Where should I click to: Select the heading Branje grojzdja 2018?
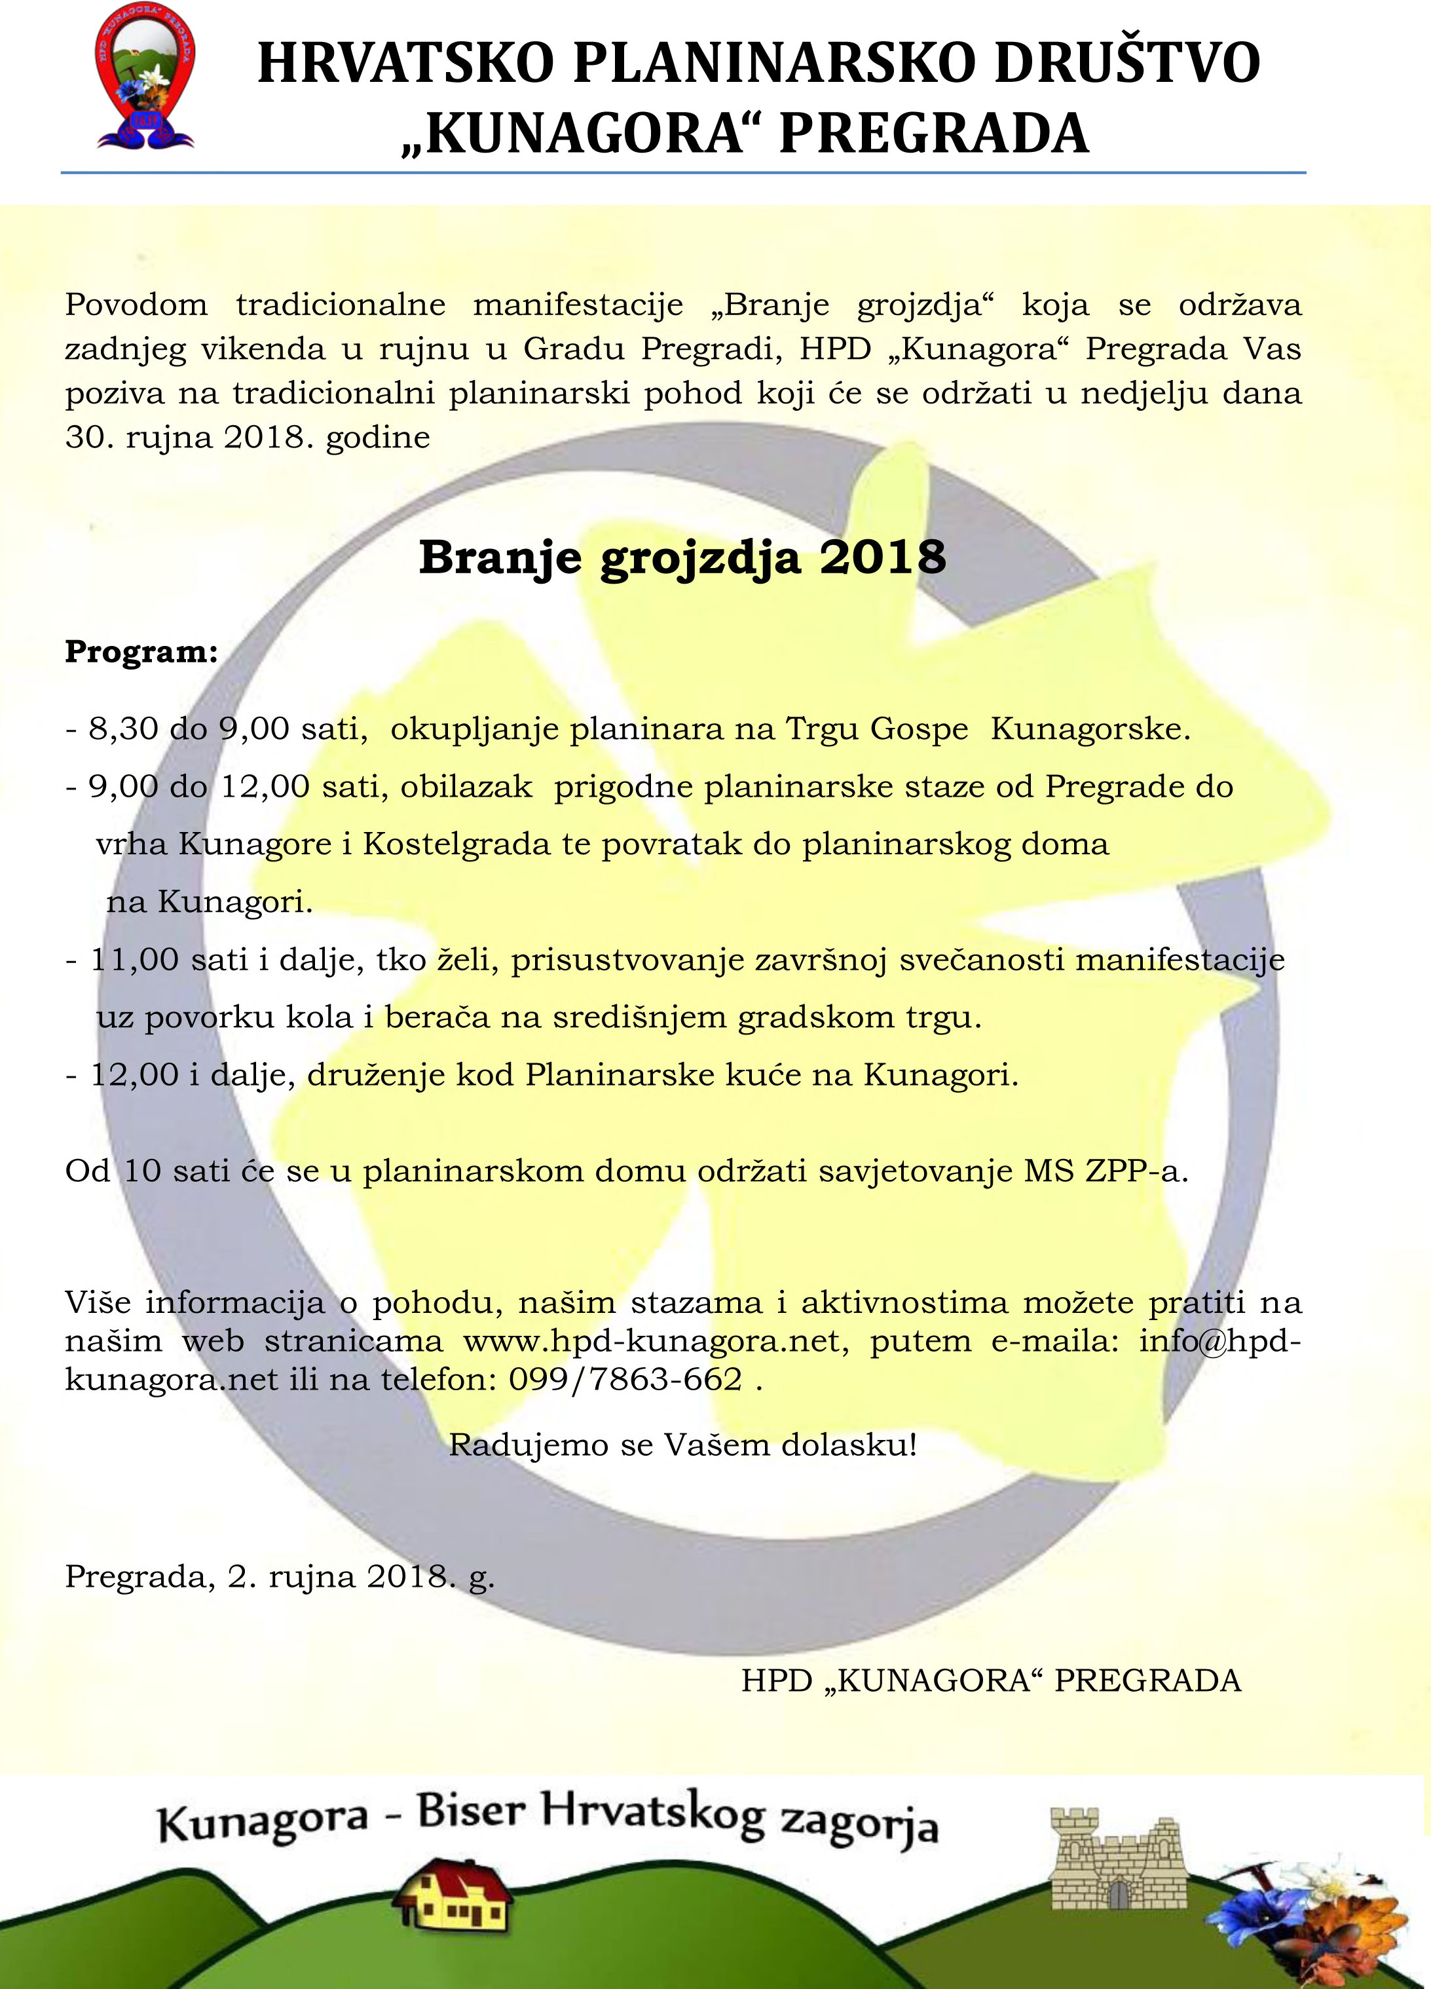(682, 557)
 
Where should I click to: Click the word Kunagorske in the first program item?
(1090, 730)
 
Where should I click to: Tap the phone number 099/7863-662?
(625, 1380)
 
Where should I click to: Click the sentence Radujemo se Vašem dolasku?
(682, 1445)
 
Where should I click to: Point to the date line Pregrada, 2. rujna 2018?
(279, 1577)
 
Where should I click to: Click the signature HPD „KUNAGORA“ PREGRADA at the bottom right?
(991, 1680)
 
